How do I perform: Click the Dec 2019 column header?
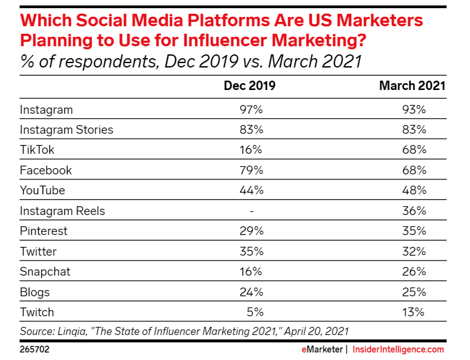(x=249, y=86)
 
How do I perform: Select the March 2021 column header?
(x=412, y=86)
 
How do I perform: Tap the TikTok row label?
(x=37, y=150)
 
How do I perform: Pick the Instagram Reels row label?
(x=62, y=211)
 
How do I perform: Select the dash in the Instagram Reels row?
(x=251, y=211)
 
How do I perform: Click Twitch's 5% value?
(x=256, y=312)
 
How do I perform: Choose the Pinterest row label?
(x=44, y=231)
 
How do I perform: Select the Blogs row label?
(x=35, y=292)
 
